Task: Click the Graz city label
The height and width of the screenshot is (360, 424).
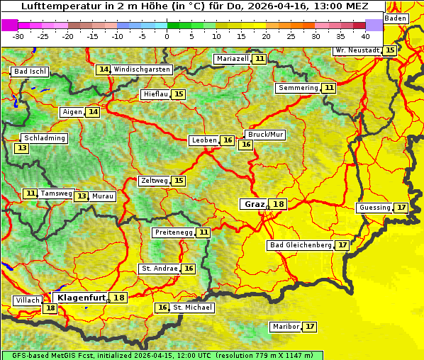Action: pos(254,204)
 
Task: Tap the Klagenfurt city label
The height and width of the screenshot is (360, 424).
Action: pos(81,298)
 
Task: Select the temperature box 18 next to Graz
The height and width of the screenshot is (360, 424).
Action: pos(279,204)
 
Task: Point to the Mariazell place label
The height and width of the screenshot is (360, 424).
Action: pos(233,59)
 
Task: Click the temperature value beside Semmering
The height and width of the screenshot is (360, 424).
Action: pos(329,88)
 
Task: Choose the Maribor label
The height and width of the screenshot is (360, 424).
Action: pos(286,327)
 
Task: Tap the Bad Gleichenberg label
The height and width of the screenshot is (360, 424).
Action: pos(301,245)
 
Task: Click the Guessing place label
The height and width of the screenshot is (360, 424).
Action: pos(374,208)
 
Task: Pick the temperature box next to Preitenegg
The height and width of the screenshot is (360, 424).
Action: pos(204,232)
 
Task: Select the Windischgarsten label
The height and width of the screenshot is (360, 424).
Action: pos(142,69)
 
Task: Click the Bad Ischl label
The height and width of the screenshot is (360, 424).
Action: pos(30,72)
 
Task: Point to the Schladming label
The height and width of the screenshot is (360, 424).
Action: pos(44,138)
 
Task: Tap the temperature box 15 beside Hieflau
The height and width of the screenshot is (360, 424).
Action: pos(179,94)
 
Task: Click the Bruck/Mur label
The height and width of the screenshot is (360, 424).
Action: pos(265,135)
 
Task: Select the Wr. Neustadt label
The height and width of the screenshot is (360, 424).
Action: pos(358,50)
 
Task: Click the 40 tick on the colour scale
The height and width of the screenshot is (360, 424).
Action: pos(365,35)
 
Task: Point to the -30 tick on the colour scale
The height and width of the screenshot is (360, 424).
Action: pos(18,35)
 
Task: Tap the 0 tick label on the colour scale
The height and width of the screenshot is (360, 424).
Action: pos(167,35)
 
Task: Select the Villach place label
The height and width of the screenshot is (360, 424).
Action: pos(28,300)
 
